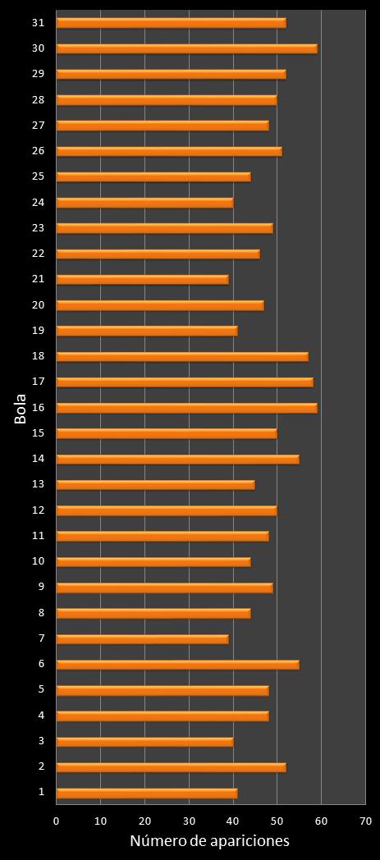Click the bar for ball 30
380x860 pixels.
(186, 48)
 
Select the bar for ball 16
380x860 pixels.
(186, 408)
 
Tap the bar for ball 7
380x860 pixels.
(142, 638)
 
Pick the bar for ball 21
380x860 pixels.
(142, 279)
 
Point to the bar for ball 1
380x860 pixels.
(147, 793)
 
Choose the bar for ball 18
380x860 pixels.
(182, 356)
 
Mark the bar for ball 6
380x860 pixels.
(177, 665)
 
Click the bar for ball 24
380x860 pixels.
(144, 202)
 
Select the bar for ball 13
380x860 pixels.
(155, 484)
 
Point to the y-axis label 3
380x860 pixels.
(41, 741)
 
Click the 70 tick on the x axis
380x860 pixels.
(365, 821)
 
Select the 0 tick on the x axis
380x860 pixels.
(57, 821)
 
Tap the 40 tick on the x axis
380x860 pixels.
(233, 821)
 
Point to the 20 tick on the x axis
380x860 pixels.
(144, 821)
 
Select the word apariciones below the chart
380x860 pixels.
(251, 842)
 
